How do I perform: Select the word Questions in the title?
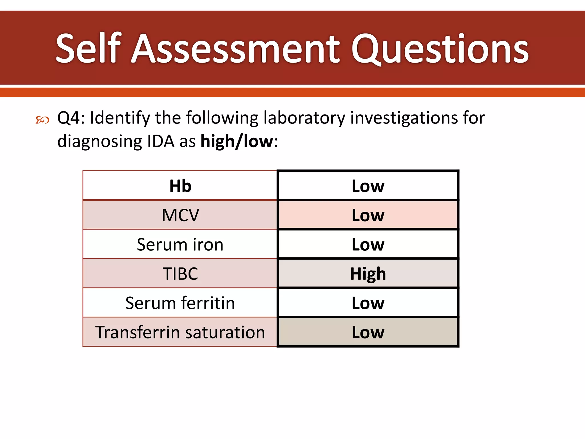pyautogui.click(x=440, y=49)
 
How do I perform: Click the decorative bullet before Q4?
pyautogui.click(x=42, y=120)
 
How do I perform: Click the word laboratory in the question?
pyautogui.click(x=304, y=118)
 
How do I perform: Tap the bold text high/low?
pyautogui.click(x=237, y=141)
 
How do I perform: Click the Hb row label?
pyautogui.click(x=180, y=186)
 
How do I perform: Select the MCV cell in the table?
pyautogui.click(x=180, y=215)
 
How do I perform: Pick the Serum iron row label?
pyautogui.click(x=180, y=245)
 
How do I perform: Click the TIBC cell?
pyautogui.click(x=180, y=274)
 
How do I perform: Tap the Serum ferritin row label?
pyautogui.click(x=180, y=303)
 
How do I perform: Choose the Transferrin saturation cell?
pyautogui.click(x=180, y=332)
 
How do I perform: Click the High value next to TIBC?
pyautogui.click(x=368, y=274)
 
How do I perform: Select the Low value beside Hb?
pyautogui.click(x=368, y=186)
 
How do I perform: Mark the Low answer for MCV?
pyautogui.click(x=368, y=215)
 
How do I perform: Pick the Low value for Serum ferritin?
pyautogui.click(x=368, y=303)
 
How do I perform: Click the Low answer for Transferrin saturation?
pyautogui.click(x=368, y=332)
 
